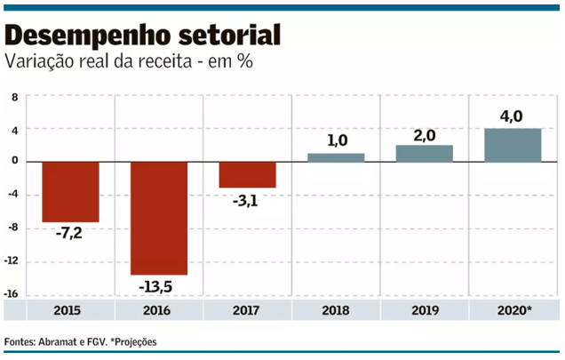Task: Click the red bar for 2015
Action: coord(70,191)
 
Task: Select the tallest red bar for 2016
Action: coord(159,218)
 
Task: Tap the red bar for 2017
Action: coord(247,174)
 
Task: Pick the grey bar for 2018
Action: coord(336,157)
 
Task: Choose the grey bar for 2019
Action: coord(425,153)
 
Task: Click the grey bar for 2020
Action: coord(513,145)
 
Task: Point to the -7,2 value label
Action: coord(70,236)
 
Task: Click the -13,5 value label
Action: coord(159,288)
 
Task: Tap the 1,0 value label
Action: coord(336,140)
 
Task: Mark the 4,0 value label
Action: coord(513,115)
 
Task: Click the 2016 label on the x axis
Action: coord(159,311)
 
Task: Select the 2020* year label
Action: coord(514,311)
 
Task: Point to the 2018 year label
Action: coord(336,311)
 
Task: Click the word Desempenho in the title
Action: coord(80,36)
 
